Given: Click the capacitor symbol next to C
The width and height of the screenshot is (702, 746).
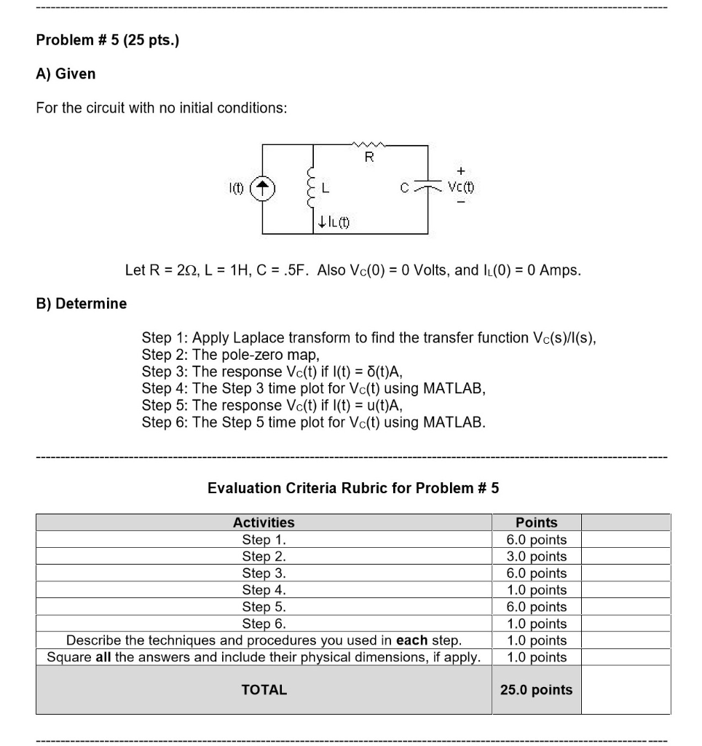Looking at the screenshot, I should coord(427,187).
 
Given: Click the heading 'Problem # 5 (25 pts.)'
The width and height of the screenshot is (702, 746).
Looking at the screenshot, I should coord(107,40).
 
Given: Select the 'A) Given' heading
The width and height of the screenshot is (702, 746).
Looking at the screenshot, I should coord(66,74).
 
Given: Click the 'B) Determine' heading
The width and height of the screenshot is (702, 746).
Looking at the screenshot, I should coord(82,303).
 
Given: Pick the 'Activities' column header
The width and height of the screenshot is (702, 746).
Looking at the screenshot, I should coord(264,522).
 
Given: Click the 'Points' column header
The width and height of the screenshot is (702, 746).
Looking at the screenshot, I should coord(536,522).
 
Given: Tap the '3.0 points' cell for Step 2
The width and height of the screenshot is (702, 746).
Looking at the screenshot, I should coord(536,557).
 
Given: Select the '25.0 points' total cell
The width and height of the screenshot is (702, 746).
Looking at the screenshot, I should coord(536,690).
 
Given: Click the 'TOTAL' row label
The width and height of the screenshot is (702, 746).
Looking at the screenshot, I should coord(264,690).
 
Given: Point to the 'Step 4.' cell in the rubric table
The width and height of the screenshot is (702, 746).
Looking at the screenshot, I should coord(264,590).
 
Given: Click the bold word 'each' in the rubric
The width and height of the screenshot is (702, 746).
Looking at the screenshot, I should coord(412,640).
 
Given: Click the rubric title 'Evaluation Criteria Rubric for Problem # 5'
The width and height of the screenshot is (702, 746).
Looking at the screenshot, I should coord(353,488).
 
